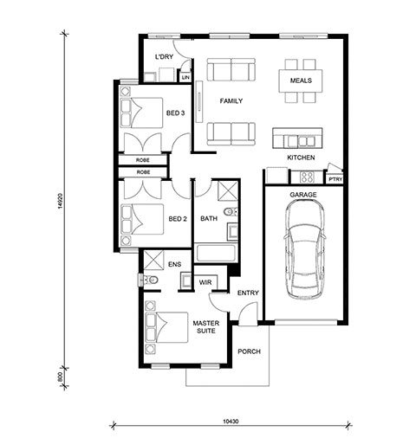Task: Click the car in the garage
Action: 304,249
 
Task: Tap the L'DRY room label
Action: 164,56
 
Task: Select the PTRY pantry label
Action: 335,179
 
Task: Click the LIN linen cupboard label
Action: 185,77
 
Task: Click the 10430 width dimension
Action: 231,422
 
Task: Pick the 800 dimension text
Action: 60,377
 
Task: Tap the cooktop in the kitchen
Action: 307,177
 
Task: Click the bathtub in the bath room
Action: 216,253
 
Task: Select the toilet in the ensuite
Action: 151,280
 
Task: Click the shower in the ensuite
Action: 153,259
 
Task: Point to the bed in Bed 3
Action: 141,113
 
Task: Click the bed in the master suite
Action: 166,327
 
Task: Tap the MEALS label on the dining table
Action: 301,81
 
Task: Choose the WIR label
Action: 205,282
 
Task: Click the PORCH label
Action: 249,351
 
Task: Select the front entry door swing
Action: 248,313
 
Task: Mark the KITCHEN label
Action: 301,158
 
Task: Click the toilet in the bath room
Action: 231,212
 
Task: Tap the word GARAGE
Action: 303,195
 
